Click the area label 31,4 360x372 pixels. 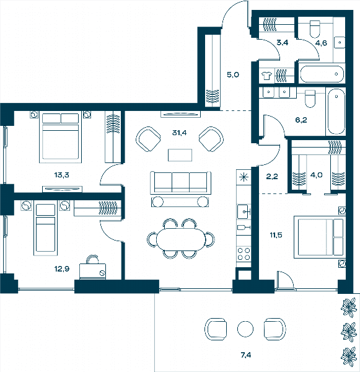(179, 133)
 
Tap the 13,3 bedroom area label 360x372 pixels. (62, 175)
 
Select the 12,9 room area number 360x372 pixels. (62, 269)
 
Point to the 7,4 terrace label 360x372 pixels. (246, 355)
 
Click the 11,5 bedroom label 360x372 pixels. (276, 235)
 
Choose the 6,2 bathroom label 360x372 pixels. (301, 120)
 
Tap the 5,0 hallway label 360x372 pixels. (233, 75)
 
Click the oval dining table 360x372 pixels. (181, 239)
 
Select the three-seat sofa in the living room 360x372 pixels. (180, 183)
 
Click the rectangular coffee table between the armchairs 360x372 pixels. (180, 155)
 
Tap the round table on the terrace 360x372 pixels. (245, 329)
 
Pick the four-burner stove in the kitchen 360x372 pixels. (244, 254)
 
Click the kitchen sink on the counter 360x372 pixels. (244, 211)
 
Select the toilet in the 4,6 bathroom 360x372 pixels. (315, 29)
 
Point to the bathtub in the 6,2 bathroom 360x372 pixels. (336, 112)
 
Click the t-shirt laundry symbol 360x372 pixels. (266, 76)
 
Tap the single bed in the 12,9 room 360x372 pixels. (45, 228)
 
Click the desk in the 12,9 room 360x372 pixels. (92, 271)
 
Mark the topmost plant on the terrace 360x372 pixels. (349, 308)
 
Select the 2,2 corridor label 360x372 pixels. (272, 177)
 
